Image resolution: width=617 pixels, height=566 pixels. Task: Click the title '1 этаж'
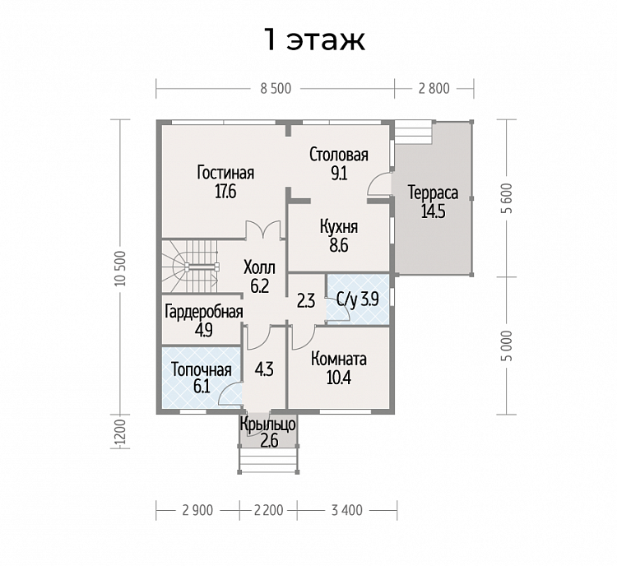pos(315,40)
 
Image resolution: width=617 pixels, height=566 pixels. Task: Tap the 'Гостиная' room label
pos(226,173)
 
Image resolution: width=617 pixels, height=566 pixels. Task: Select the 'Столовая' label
pos(339,155)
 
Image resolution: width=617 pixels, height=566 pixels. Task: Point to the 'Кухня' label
pos(339,227)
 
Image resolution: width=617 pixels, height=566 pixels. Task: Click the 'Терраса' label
pos(434,193)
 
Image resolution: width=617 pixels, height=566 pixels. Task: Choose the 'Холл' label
pos(260,267)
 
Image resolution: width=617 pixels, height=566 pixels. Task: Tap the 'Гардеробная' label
pos(203,311)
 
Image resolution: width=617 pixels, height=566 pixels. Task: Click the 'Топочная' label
pos(202,370)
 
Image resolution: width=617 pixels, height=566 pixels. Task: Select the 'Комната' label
pos(339,359)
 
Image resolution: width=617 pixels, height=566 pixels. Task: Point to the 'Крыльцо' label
pos(267,424)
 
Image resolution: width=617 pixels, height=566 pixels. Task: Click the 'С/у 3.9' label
pos(358,300)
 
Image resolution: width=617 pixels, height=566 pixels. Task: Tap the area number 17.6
pos(225,192)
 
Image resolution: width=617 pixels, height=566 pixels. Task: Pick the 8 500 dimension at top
pos(276,89)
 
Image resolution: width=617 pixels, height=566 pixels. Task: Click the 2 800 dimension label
pos(434,89)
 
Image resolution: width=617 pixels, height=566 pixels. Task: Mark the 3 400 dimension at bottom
pos(346,510)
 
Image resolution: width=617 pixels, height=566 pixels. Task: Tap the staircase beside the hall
pos(190,267)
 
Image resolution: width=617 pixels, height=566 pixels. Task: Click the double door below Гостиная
pos(263,230)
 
